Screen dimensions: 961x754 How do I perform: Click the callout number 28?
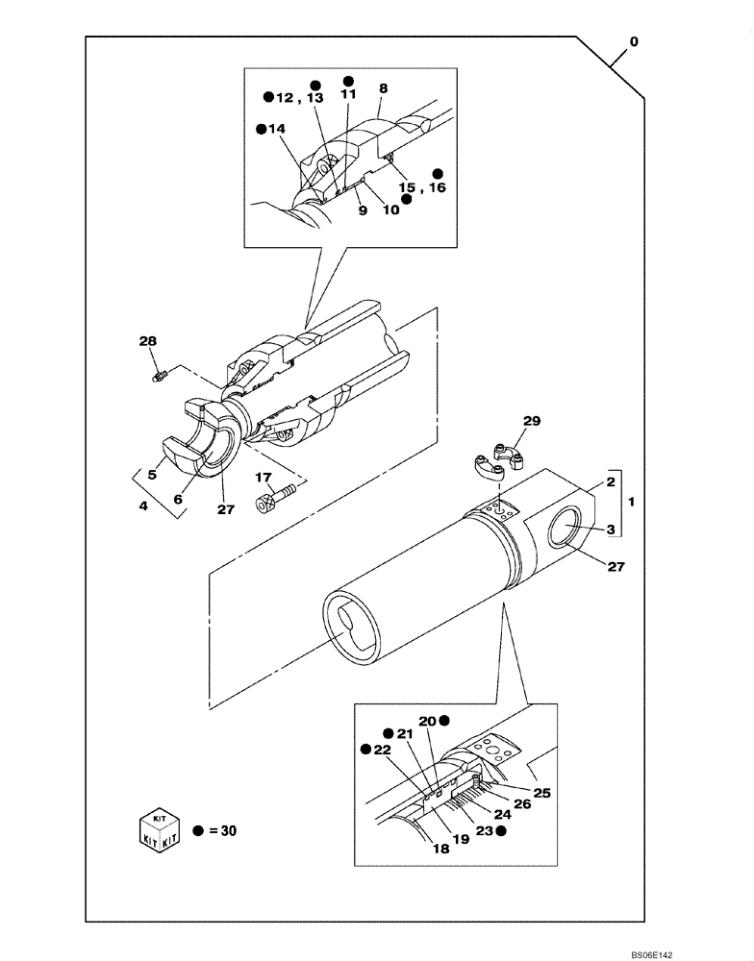tap(146, 341)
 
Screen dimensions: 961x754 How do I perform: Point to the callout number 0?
tap(633, 42)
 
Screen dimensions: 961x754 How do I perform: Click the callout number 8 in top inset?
tap(383, 88)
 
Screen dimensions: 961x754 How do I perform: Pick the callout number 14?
tap(276, 128)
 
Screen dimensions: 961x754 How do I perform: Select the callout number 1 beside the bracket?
tap(631, 503)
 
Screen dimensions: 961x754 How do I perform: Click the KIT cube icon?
tap(158, 829)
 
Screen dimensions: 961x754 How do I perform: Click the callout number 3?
tap(609, 530)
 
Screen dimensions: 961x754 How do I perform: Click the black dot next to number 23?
tap(500, 831)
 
